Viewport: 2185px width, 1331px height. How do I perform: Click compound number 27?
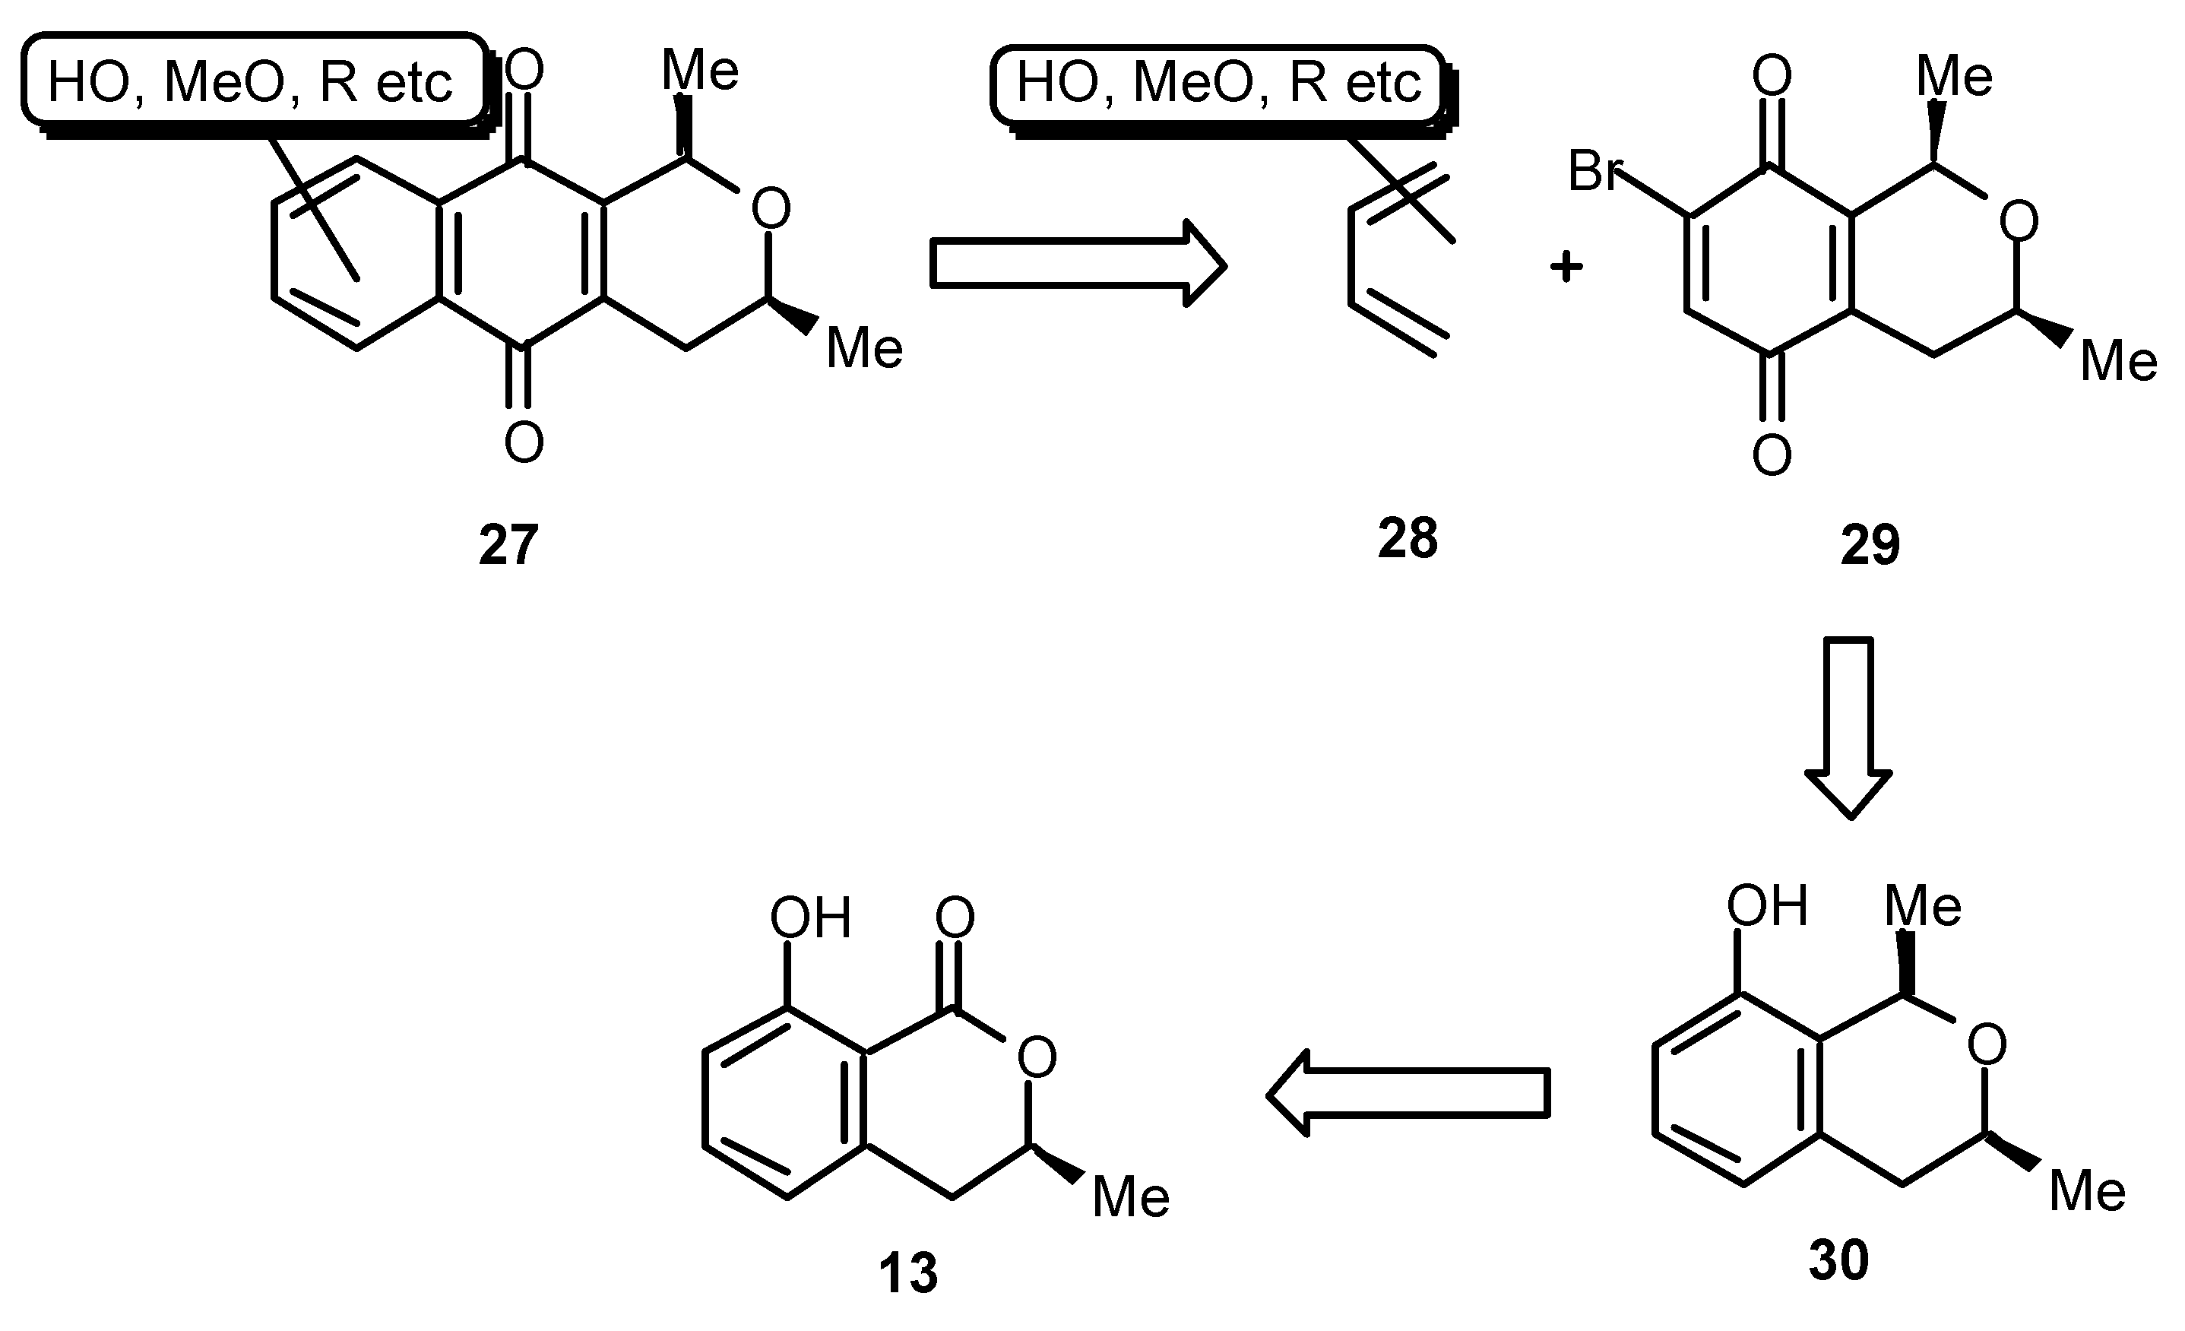click(x=508, y=544)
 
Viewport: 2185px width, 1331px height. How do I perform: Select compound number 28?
click(x=1408, y=537)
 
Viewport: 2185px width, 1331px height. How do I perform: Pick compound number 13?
click(x=908, y=1273)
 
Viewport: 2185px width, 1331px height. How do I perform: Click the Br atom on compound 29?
click(x=1594, y=171)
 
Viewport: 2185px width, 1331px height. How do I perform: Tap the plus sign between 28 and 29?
click(x=1566, y=266)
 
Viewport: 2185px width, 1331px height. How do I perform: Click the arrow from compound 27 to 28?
click(x=1078, y=263)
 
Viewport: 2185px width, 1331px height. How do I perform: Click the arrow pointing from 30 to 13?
click(x=1408, y=1093)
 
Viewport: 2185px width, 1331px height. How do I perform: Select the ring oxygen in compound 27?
click(x=771, y=209)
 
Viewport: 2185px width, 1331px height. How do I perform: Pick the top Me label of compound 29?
click(x=1955, y=76)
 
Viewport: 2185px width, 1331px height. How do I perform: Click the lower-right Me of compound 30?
click(x=2088, y=1190)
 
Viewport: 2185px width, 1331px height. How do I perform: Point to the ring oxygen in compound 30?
click(x=1987, y=1044)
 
